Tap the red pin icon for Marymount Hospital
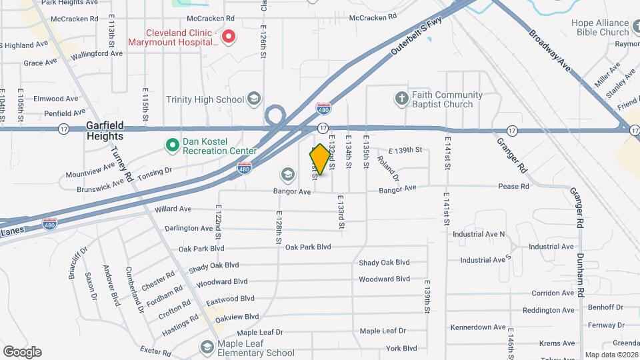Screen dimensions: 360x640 click(228, 36)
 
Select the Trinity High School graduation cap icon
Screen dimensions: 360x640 click(253, 100)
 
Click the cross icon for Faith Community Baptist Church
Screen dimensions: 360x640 click(401, 99)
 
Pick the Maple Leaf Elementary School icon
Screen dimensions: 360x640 click(207, 347)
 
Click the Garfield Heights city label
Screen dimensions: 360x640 click(105, 131)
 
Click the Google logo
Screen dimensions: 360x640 click(22, 352)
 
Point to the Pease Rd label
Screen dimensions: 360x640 click(513, 187)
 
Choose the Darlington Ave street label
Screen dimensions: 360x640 click(189, 228)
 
